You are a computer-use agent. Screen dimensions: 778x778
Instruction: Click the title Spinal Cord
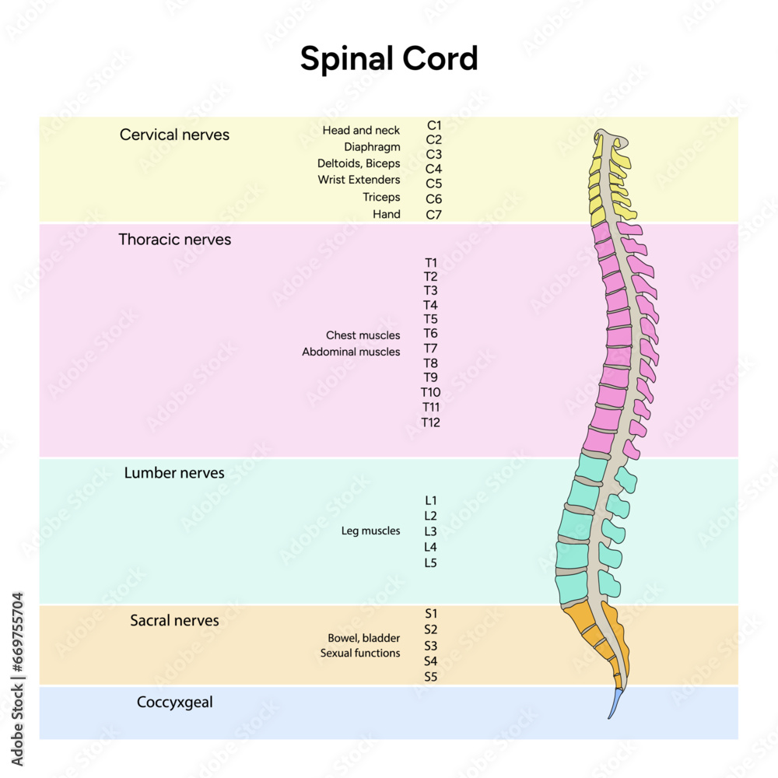[x=389, y=60]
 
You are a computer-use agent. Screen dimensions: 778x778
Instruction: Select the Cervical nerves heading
[x=174, y=135]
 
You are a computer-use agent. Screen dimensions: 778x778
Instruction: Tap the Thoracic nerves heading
[x=174, y=240]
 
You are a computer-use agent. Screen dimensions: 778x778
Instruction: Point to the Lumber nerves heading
[x=174, y=473]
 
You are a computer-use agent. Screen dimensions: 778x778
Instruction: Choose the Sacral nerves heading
[x=174, y=621]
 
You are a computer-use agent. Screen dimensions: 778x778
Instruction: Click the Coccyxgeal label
[x=174, y=702]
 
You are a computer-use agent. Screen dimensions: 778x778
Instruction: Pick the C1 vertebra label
[x=433, y=124]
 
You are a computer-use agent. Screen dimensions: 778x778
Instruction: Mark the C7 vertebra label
[x=433, y=215]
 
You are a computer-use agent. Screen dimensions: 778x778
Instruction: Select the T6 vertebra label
[x=430, y=334]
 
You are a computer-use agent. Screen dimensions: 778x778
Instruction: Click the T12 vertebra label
[x=430, y=422]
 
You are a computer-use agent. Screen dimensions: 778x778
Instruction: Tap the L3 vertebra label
[x=430, y=531]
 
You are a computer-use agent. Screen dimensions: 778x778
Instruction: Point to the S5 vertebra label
[x=430, y=677]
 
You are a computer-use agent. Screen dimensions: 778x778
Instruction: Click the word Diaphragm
[x=372, y=147]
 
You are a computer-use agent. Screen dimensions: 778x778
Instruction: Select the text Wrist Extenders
[x=359, y=180]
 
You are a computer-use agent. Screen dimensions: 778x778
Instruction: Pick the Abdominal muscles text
[x=351, y=352]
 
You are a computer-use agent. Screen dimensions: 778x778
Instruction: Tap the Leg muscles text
[x=370, y=531]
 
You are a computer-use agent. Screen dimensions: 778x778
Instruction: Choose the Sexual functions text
[x=360, y=654]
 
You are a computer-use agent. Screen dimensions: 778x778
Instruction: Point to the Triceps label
[x=381, y=198]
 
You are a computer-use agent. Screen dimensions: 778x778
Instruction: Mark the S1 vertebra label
[x=430, y=613]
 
